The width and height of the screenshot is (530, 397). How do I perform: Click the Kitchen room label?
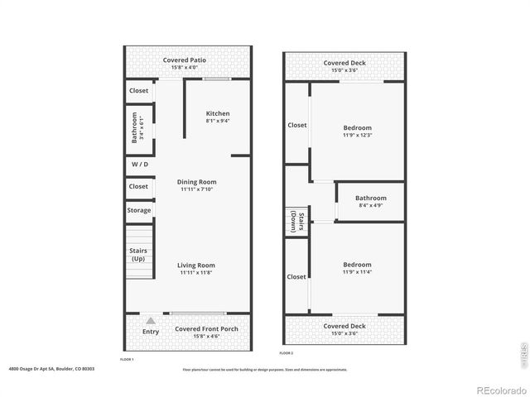point(218,113)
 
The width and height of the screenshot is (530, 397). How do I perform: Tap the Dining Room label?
point(197,182)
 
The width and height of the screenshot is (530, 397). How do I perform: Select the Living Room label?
point(197,265)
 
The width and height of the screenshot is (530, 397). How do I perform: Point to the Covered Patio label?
point(185,60)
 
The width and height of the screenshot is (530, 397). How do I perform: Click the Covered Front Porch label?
point(206,329)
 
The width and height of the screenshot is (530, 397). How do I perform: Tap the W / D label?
point(140,164)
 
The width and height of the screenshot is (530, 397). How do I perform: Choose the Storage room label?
point(139,210)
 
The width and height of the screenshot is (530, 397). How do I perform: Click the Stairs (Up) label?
point(138,254)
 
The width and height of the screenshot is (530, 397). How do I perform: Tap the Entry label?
point(150,332)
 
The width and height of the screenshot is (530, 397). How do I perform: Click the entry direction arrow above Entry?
point(150,319)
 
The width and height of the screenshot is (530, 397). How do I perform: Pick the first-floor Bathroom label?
point(135,127)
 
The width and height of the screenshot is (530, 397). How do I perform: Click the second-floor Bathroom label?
point(371,198)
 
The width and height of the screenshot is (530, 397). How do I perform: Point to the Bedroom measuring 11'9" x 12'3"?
point(358,127)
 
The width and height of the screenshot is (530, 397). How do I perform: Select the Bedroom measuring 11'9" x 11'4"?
point(358,265)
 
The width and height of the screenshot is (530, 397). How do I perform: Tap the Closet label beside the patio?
point(138,90)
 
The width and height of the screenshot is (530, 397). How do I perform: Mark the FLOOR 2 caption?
point(287,353)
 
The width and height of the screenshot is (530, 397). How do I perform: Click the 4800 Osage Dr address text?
point(51,369)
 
